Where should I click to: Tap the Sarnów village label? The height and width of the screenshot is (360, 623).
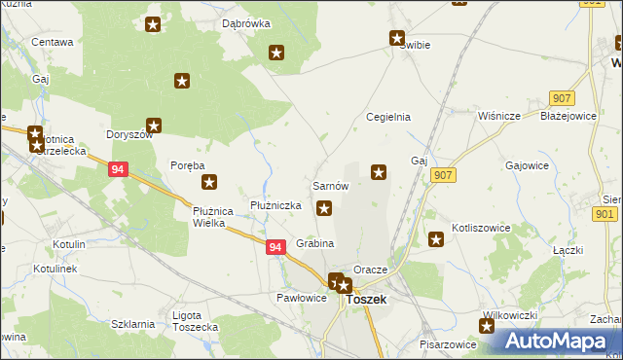point(330,185)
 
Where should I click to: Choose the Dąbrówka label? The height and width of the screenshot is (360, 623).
point(245,22)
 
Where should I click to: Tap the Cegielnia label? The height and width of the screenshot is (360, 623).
point(387,117)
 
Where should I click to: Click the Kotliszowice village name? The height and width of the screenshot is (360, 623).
point(481,228)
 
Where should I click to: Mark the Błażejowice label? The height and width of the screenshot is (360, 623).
point(568,116)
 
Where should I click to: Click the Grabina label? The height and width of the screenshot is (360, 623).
point(315,243)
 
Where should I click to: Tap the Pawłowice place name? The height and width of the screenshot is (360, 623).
point(301,298)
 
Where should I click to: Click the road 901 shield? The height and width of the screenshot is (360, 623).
point(605,214)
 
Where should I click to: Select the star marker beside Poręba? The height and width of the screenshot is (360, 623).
point(208,181)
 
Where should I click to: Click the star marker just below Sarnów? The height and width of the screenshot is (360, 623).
point(325,206)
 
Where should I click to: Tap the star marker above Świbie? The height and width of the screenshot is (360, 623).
point(397,39)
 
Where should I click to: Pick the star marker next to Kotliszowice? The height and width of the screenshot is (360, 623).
point(436,239)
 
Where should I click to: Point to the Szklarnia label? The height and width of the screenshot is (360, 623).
point(132,324)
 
